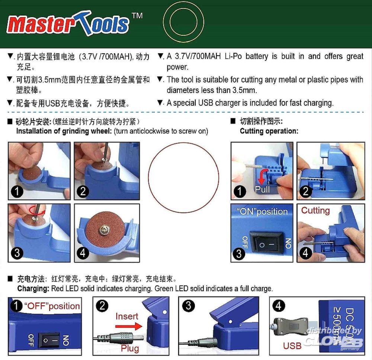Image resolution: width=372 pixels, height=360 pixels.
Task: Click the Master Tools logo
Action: point(68,24)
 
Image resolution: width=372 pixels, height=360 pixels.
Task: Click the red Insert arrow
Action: point(129,326)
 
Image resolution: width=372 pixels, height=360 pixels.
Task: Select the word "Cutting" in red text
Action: point(315,210)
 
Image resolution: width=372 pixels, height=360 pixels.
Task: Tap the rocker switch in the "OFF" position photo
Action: point(49,340)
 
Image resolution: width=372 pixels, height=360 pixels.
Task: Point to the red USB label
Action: point(292,346)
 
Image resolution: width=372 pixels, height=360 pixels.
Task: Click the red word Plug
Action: point(129,348)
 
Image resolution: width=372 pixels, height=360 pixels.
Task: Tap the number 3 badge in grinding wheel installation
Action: point(17,253)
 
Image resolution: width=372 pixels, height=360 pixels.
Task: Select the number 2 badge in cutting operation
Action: point(305,191)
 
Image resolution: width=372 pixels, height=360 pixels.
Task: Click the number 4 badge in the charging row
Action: point(279,306)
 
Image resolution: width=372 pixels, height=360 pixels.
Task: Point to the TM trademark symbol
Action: point(137,16)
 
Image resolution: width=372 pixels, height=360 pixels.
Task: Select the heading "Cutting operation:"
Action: point(269,131)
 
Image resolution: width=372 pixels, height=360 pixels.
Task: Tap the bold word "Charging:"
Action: point(33,289)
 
